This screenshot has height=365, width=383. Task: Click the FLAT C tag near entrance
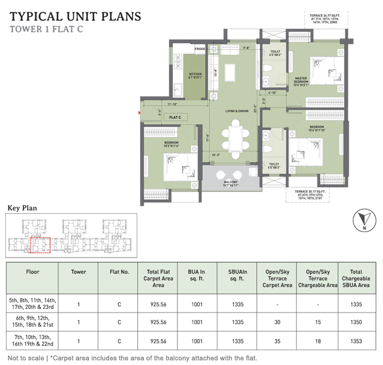174,118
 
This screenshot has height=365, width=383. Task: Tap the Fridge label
200,49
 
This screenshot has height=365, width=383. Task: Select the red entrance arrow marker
139,112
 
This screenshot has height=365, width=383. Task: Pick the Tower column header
78,272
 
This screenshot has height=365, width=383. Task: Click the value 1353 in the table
355,342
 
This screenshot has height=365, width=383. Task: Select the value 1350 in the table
355,322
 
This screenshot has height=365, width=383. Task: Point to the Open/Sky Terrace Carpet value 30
277,322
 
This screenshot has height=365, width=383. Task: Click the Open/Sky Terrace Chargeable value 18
318,342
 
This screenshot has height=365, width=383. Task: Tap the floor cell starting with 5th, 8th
32,303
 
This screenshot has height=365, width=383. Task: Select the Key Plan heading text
22,207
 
